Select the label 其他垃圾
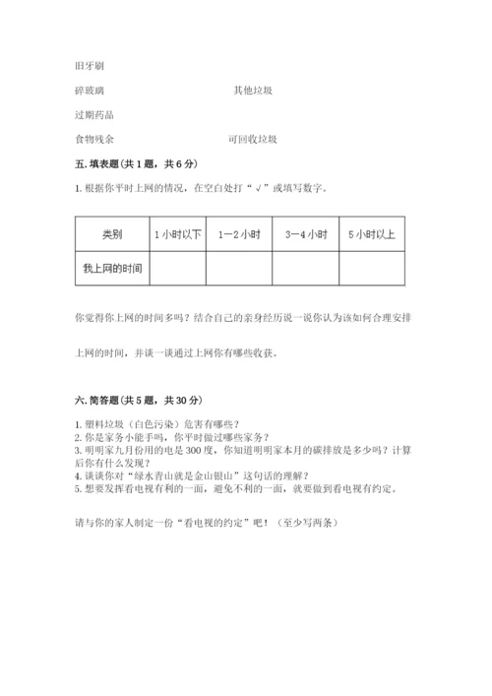(252, 90)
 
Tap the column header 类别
(111, 234)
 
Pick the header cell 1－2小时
(239, 234)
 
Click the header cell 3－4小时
(306, 234)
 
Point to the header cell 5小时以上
(372, 234)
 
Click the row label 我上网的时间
(112, 268)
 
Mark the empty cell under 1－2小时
(239, 268)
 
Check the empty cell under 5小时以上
(372, 268)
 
